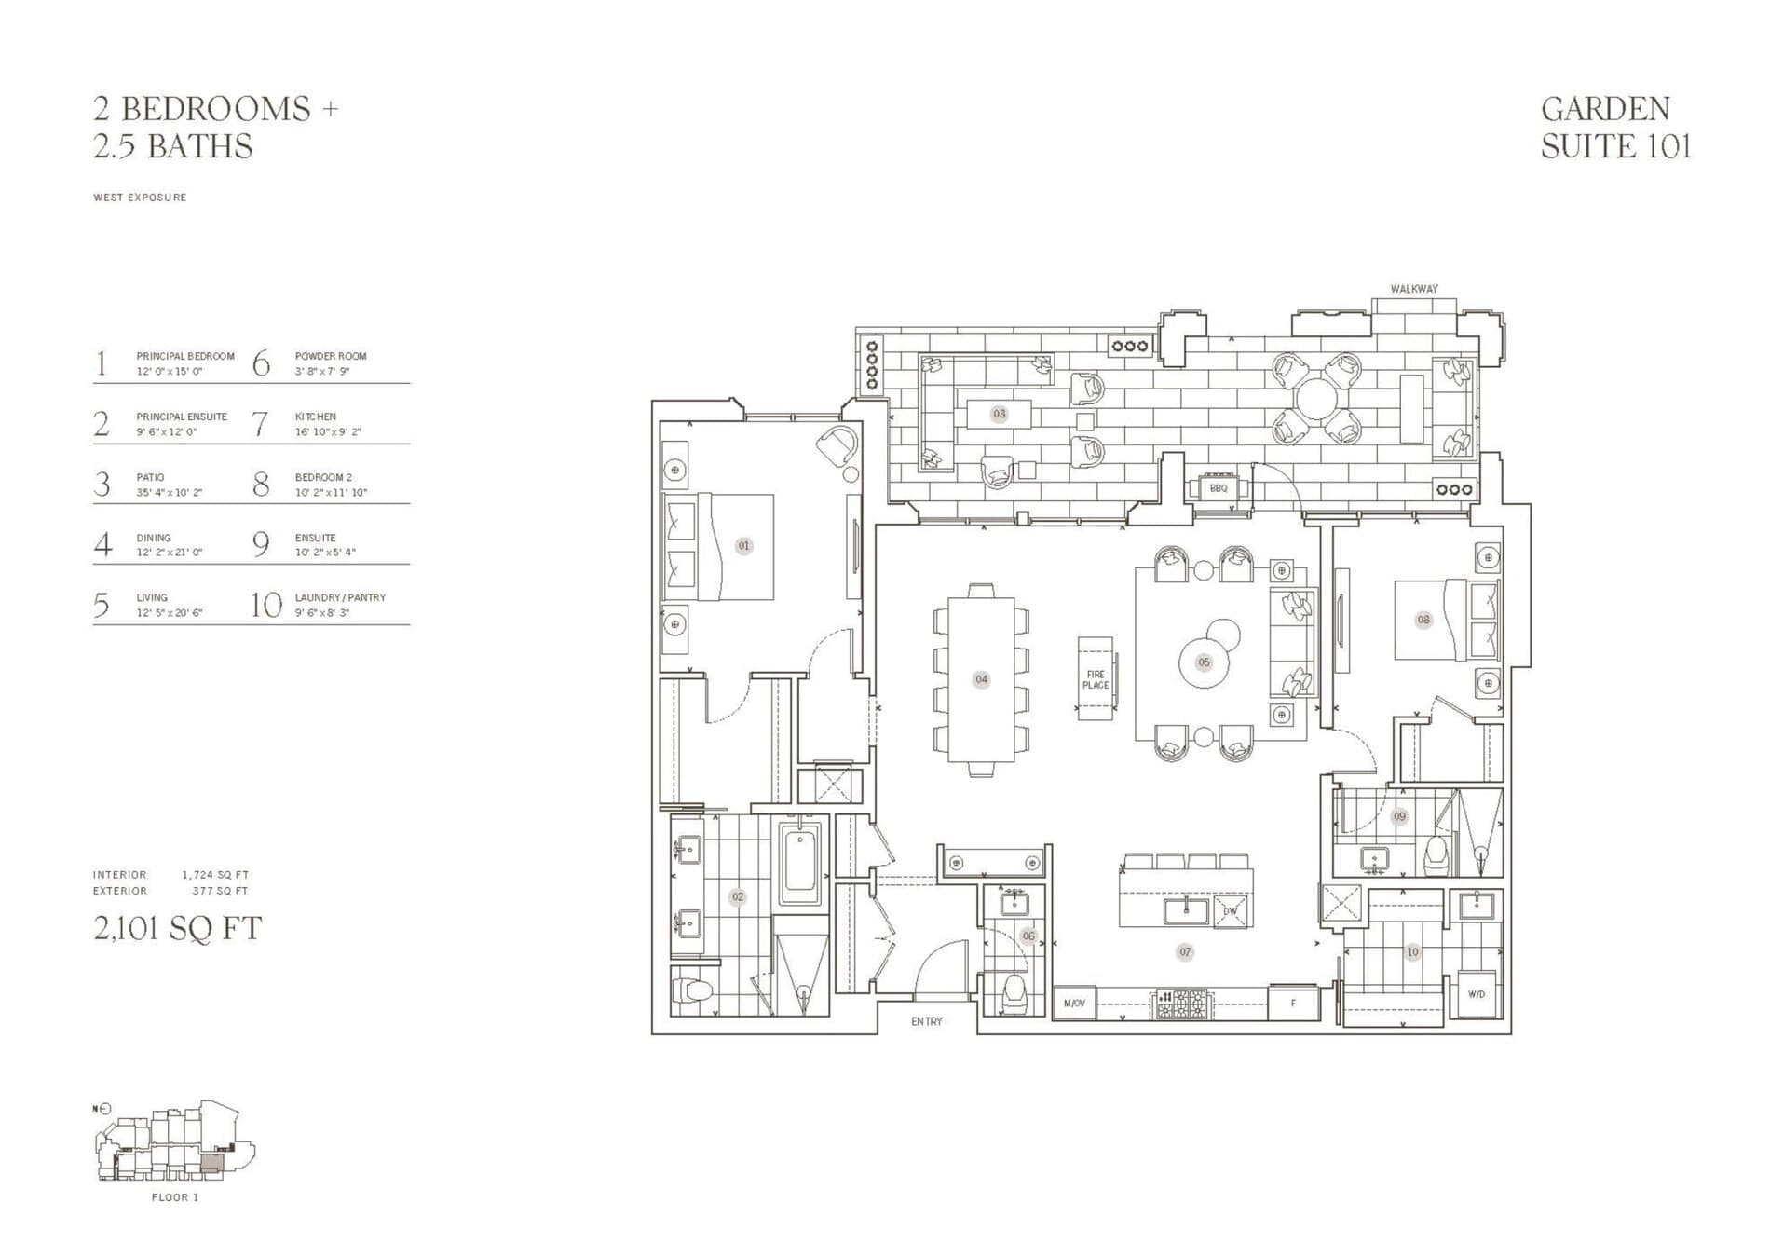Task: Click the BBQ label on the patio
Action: click(x=1219, y=488)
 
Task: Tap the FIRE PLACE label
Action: click(x=1096, y=680)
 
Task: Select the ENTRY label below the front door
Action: click(x=926, y=1022)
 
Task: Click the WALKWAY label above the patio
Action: click(x=1413, y=289)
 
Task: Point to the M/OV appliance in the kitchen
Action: click(x=1074, y=1004)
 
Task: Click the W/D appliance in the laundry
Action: click(x=1477, y=995)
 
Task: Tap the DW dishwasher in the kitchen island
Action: click(x=1230, y=911)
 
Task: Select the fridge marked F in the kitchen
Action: click(x=1293, y=1004)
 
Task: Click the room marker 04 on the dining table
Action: click(x=981, y=679)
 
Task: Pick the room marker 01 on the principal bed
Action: click(x=743, y=546)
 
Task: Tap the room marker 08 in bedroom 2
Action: click(x=1423, y=620)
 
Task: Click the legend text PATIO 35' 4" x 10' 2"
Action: click(x=169, y=485)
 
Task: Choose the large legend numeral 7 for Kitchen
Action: click(x=261, y=424)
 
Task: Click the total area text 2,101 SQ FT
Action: click(x=178, y=929)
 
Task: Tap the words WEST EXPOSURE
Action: click(x=140, y=198)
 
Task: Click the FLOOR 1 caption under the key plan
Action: click(x=175, y=1197)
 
